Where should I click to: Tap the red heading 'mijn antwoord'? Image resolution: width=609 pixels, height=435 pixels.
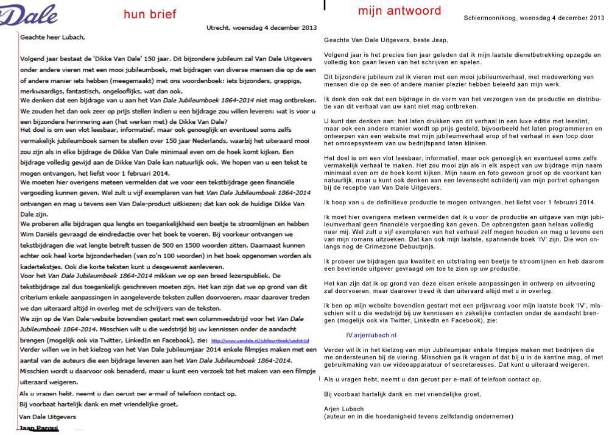pos(399,11)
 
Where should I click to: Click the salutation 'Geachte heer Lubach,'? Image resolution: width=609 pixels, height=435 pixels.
pos(53,37)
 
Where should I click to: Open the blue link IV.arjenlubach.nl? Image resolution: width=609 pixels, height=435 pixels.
pos(371,335)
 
